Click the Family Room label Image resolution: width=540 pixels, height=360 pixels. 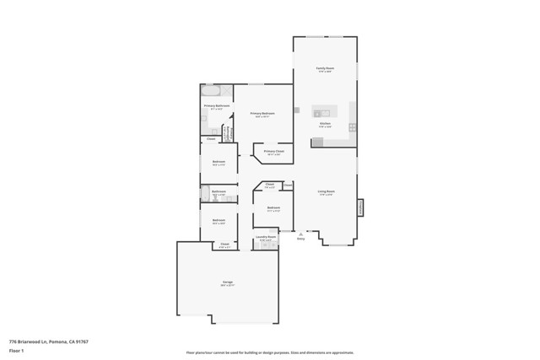pos(325,68)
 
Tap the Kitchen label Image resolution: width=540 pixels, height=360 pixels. pos(325,124)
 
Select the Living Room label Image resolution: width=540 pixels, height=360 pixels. pos(325,191)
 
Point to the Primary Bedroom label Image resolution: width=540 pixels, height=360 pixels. pos(262,113)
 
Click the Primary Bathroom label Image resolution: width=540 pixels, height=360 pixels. pos(216,106)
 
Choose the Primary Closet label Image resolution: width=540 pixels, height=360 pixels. pos(274,152)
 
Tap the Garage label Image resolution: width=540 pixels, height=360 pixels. pos(227,282)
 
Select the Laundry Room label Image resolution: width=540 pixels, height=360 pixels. pos(266,238)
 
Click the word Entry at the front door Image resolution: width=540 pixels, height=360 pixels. pos(300,239)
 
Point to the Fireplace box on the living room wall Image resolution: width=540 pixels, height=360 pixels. pos(360,207)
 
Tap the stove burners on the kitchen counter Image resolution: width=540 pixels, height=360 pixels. pos(353,127)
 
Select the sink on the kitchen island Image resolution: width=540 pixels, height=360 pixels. pos(322,112)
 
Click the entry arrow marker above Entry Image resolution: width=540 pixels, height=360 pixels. pos(300,233)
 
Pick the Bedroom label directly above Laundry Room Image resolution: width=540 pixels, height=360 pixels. pos(273,207)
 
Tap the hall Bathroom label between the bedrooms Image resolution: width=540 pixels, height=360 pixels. pos(219,191)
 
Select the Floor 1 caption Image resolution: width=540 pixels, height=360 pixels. pos(16,350)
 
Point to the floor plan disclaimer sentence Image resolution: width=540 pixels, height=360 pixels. pos(269,352)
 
